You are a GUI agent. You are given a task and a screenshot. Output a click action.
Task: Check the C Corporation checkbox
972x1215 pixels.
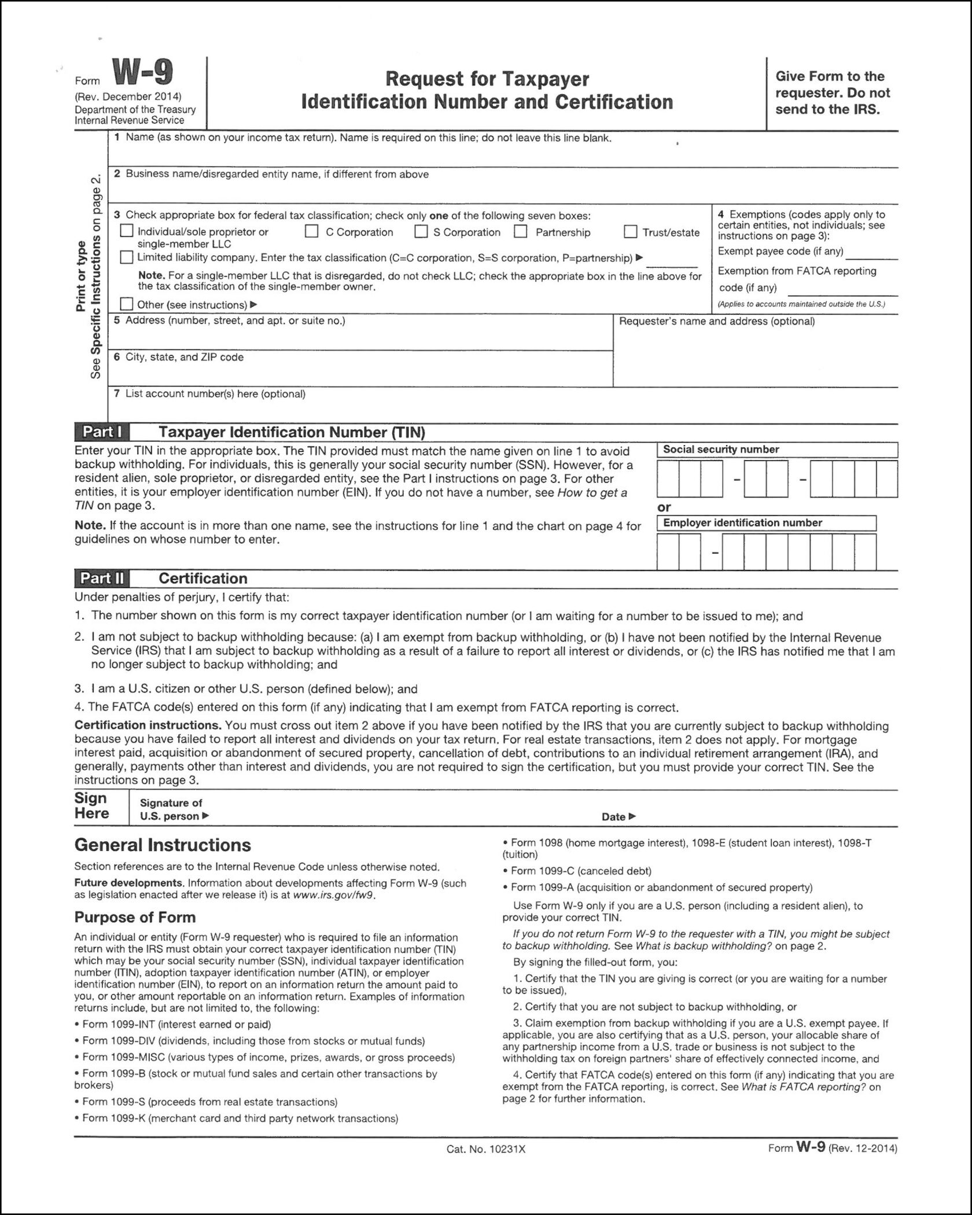coord(312,232)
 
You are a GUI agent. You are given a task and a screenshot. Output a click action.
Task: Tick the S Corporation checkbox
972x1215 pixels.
coord(421,232)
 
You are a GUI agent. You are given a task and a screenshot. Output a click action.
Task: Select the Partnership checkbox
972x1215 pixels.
coord(521,232)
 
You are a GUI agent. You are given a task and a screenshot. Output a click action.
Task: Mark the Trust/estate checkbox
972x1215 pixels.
coord(631,232)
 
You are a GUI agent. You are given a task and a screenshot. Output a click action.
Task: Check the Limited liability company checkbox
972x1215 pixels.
coord(126,257)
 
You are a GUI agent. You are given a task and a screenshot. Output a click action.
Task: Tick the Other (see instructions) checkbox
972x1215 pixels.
coord(126,304)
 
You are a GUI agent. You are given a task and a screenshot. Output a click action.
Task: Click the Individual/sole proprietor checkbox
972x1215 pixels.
coord(126,231)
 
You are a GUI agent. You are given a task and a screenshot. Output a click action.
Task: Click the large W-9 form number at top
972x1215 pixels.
coord(142,75)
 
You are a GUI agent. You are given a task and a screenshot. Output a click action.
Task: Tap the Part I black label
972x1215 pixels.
coord(102,432)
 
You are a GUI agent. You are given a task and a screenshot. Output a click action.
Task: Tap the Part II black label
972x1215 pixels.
coord(102,579)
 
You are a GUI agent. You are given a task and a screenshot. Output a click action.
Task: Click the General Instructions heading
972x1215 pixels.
coord(163,845)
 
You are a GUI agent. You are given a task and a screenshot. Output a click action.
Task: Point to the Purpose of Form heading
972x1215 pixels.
coord(135,918)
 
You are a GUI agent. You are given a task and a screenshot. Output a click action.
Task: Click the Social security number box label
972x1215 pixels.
coord(721,450)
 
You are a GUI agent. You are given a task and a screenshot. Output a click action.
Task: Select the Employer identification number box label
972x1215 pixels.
coord(742,523)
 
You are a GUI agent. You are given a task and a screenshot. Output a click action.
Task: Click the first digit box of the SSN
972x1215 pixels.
coord(668,479)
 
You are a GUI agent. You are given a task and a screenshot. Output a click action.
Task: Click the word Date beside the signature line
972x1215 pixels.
coord(613,817)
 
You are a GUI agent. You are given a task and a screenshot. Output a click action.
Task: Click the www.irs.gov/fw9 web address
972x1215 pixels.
coord(334,896)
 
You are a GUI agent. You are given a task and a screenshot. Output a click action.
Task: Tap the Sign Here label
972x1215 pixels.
coord(91,806)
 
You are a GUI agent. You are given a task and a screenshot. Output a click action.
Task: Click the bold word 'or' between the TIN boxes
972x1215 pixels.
coord(664,507)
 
